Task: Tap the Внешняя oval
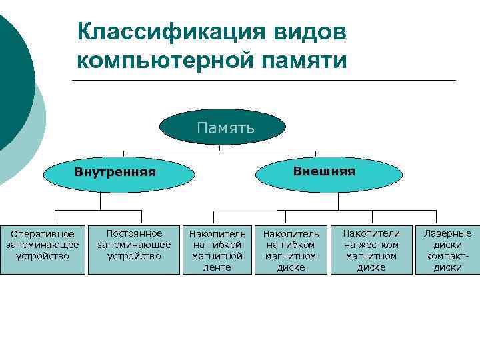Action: [x=325, y=171]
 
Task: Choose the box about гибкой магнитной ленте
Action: [x=217, y=249]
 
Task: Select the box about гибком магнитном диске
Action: [x=291, y=249]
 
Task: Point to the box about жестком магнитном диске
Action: [x=371, y=249]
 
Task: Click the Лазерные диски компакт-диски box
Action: [x=448, y=249]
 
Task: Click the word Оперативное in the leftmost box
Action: [x=43, y=234]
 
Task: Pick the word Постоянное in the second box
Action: [x=135, y=233]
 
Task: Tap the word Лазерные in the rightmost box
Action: [x=448, y=233]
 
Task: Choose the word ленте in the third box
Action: [x=217, y=267]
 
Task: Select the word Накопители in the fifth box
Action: [x=371, y=233]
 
